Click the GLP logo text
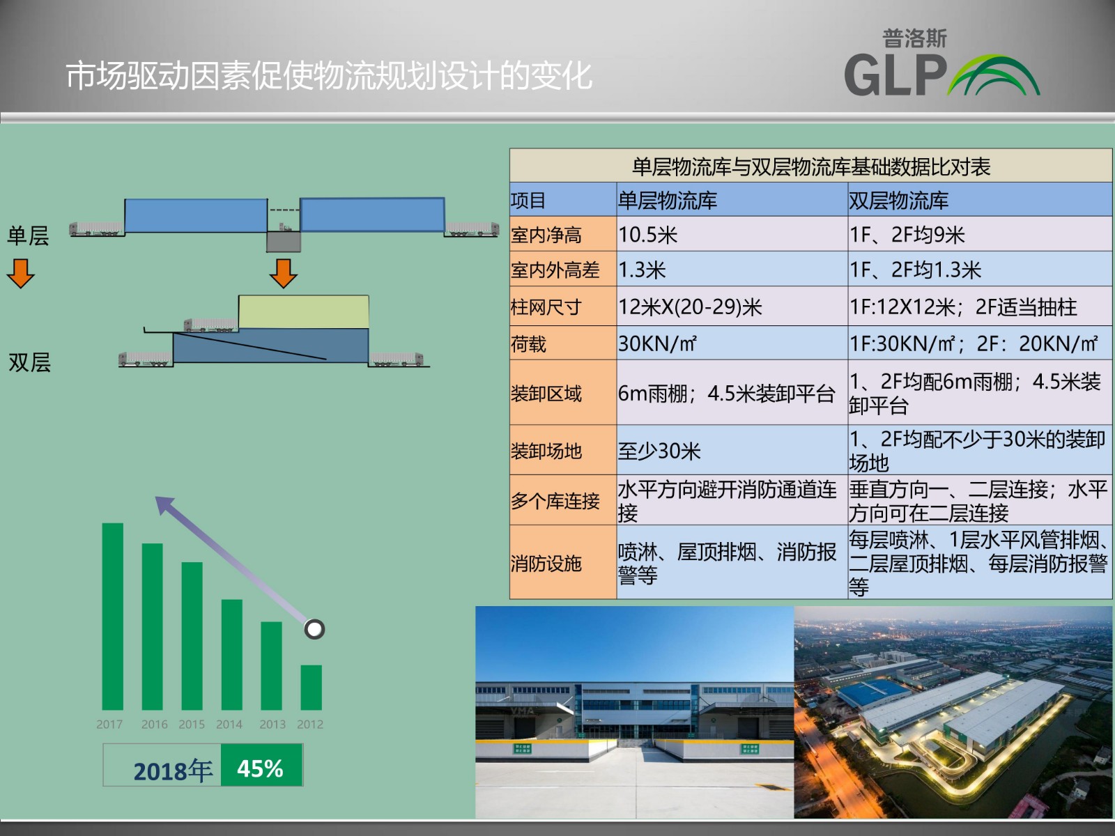pos(895,76)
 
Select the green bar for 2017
pos(112,617)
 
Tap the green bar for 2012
pos(311,688)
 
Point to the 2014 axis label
pos(229,725)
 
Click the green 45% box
pos(261,765)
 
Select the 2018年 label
pos(173,771)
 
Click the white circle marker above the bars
pos(314,629)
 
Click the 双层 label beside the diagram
pos(29,362)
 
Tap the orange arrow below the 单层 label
pos(21,274)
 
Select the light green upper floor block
pos(304,311)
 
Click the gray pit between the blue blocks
pos(284,242)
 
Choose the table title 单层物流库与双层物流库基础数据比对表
pos(810,167)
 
